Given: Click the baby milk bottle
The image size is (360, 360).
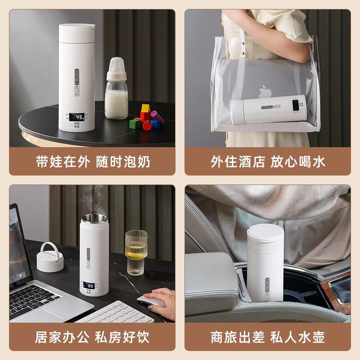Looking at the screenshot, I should (x=117, y=90).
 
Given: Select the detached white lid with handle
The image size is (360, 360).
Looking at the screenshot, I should (x=50, y=258).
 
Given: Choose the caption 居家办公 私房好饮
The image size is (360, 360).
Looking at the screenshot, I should (x=92, y=337).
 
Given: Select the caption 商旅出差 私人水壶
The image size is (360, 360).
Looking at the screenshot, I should (x=268, y=337).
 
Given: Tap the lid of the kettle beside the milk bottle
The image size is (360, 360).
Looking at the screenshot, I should (x=76, y=31).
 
